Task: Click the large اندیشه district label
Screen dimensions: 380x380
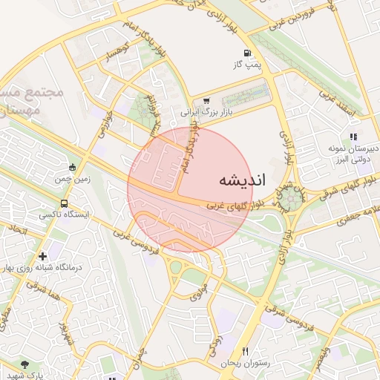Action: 243,180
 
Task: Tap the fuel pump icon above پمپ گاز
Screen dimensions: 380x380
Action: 247,53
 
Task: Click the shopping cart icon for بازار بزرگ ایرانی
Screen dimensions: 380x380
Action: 206,102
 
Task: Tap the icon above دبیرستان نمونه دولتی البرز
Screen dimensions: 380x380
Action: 353,137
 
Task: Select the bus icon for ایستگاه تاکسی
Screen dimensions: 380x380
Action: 64,202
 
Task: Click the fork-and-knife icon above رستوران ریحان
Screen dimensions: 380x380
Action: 245,351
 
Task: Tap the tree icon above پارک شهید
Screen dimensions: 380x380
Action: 24,364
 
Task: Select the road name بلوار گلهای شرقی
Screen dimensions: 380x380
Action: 350,186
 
